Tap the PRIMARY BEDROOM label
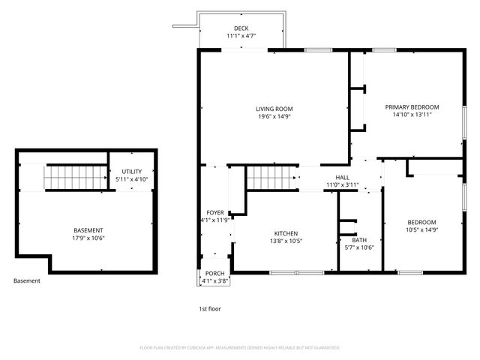click(x=412, y=107)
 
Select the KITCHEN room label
click(x=285, y=233)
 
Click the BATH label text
click(x=359, y=240)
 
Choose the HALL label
click(x=342, y=177)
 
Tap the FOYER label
click(x=214, y=213)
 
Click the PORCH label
click(x=214, y=273)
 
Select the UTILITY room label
click(x=131, y=172)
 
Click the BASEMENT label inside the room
click(x=88, y=230)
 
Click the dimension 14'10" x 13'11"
click(x=412, y=115)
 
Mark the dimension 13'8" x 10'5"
click(x=285, y=241)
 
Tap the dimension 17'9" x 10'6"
click(x=88, y=238)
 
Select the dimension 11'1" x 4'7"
click(x=241, y=35)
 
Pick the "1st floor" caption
click(x=209, y=308)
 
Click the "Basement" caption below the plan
click(x=27, y=281)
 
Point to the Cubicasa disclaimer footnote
click(x=240, y=348)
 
